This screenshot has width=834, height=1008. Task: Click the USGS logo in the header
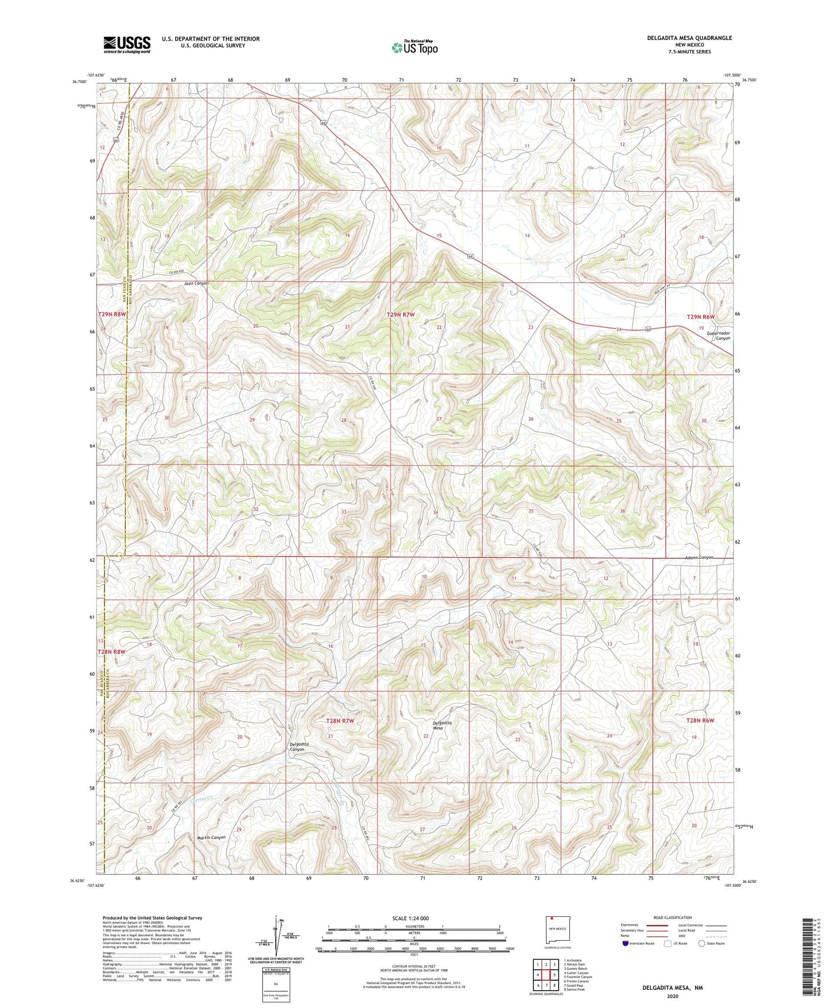pos(127,44)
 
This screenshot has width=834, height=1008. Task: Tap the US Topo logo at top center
pos(414,48)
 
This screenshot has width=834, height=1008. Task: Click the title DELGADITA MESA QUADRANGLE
pos(689,38)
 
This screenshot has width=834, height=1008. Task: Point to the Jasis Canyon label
pos(196,283)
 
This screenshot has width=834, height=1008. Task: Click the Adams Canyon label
pos(698,557)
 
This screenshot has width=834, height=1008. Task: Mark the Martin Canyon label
pos(211,837)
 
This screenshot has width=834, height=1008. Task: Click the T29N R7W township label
pos(400,315)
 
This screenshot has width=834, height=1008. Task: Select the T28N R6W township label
pos(699,720)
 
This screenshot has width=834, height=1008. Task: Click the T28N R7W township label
pos(340,721)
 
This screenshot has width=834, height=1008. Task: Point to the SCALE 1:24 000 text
pos(410,918)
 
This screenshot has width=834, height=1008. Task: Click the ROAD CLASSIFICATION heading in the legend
pos(673,917)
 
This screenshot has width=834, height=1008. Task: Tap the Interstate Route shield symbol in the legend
pos(625,944)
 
